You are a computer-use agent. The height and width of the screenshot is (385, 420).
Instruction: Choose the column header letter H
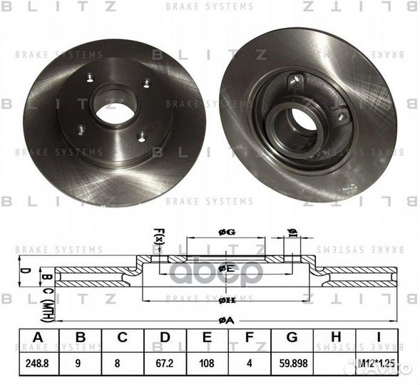(337, 337)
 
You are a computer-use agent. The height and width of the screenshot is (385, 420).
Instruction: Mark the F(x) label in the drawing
(158, 235)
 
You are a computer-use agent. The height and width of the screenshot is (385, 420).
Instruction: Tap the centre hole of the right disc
(304, 121)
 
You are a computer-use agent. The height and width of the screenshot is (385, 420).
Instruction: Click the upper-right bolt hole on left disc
(146, 83)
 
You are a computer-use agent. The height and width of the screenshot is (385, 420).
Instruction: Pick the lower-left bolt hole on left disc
(81, 130)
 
